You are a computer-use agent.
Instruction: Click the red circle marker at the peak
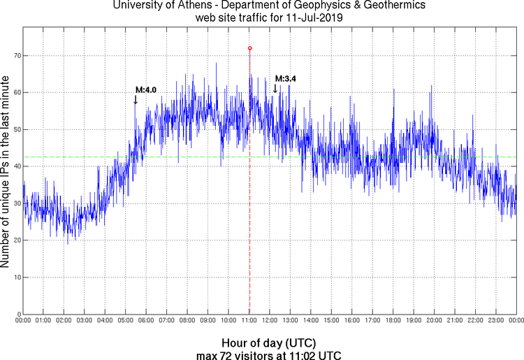pos(250,48)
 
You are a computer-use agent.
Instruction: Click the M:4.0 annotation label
pos(146,89)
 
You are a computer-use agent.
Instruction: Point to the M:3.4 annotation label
pos(286,79)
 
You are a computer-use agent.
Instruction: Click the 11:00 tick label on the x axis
pos(249,320)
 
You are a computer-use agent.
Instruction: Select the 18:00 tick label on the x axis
pos(393,320)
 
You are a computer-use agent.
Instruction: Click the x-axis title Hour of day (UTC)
pos(268,343)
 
